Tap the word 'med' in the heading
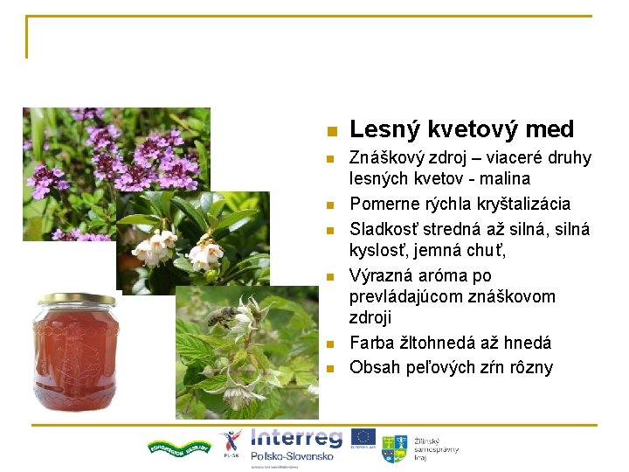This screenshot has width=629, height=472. [549, 129]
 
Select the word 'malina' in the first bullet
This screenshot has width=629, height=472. [502, 179]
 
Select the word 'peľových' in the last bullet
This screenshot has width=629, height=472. [442, 367]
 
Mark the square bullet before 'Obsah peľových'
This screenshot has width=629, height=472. [330, 369]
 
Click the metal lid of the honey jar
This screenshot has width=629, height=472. [76, 300]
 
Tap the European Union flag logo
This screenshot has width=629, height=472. [363, 437]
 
